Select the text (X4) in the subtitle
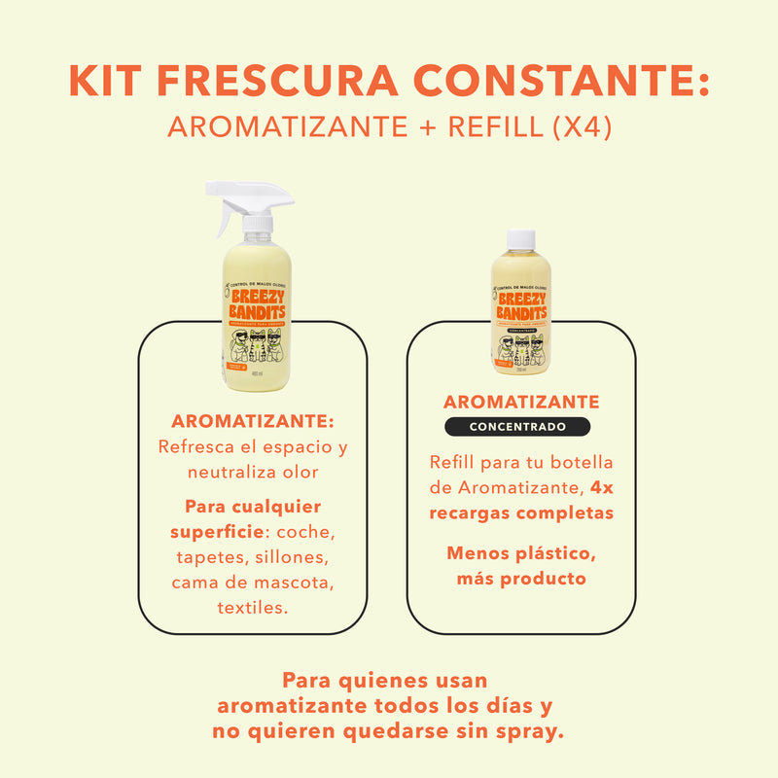[x=579, y=127]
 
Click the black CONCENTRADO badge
[x=517, y=427]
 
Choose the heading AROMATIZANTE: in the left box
[x=253, y=422]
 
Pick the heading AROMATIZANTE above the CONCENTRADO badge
[x=521, y=402]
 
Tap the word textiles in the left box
[x=253, y=609]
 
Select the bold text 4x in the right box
[x=602, y=488]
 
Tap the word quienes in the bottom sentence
[x=374, y=681]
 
